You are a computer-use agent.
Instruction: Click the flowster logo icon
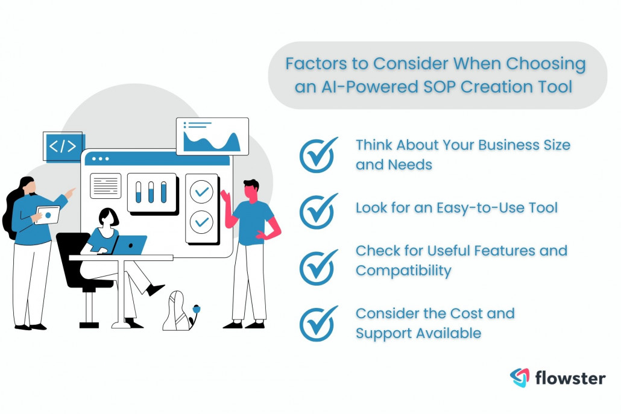pyautogui.click(x=519, y=378)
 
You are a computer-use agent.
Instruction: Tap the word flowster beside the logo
pyautogui.click(x=570, y=378)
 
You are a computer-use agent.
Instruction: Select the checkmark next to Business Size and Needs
pyautogui.click(x=318, y=155)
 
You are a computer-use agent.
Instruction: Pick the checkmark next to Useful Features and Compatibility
pyautogui.click(x=318, y=261)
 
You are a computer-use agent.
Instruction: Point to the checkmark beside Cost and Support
pyautogui.click(x=318, y=324)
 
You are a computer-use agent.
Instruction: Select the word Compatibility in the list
pyautogui.click(x=403, y=271)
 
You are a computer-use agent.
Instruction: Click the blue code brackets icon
pyautogui.click(x=63, y=146)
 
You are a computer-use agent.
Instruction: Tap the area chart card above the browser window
pyautogui.click(x=212, y=137)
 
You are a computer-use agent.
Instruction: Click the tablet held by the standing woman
pyautogui.click(x=47, y=215)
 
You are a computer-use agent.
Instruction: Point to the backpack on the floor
pyautogui.click(x=177, y=312)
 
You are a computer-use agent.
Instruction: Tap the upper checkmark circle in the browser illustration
pyautogui.click(x=201, y=192)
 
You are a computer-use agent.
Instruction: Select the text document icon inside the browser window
pyautogui.click(x=106, y=186)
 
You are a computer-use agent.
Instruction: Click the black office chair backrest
pyautogui.click(x=72, y=253)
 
